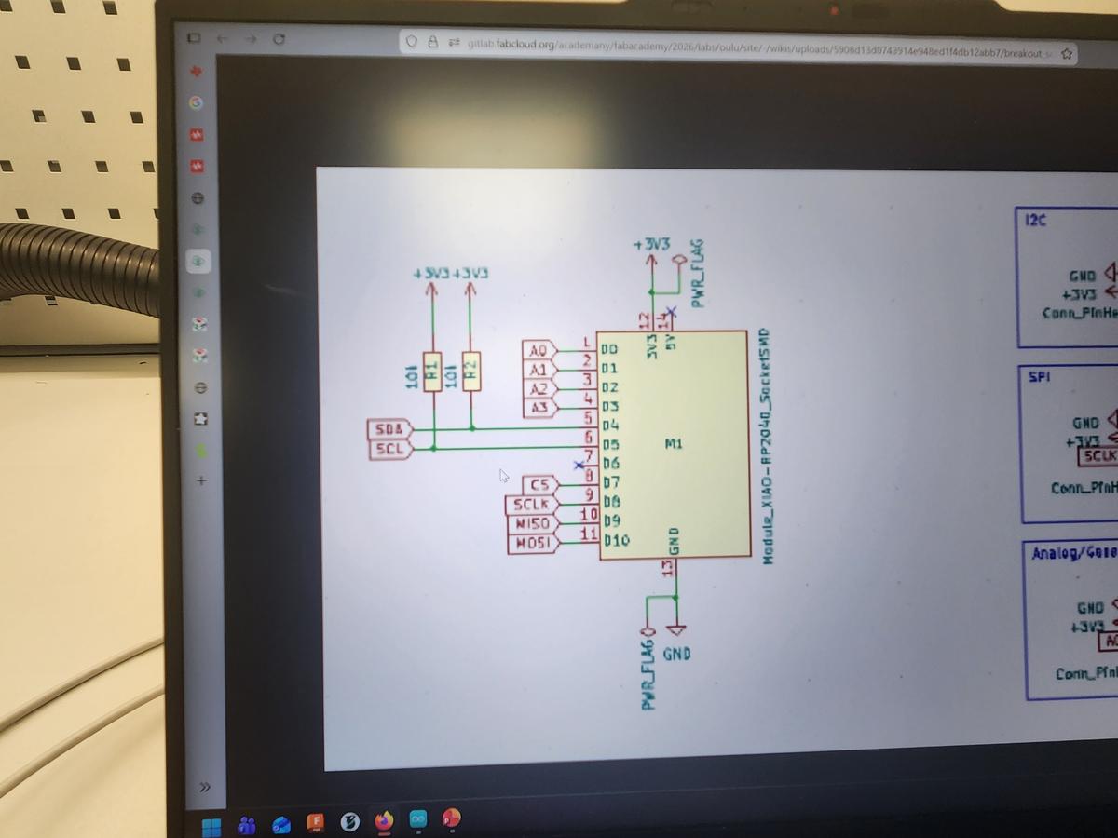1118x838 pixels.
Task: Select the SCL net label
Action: [x=390, y=449]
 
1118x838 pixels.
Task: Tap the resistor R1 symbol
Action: [x=432, y=371]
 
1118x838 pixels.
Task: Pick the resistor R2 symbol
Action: [x=471, y=371]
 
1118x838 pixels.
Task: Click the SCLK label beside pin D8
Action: [x=530, y=505]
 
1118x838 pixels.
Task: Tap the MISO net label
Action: [x=532, y=523]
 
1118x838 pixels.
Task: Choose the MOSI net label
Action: [x=532, y=543]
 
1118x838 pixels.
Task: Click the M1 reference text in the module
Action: [x=674, y=444]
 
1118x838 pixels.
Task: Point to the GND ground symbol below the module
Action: [x=676, y=630]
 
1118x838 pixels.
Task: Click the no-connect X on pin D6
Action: [x=579, y=464]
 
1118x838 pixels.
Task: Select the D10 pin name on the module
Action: [x=618, y=540]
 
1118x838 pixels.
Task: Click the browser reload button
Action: [x=278, y=40]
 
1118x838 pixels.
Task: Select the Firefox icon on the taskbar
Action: [x=384, y=821]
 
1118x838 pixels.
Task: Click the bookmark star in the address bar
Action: [x=1067, y=54]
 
